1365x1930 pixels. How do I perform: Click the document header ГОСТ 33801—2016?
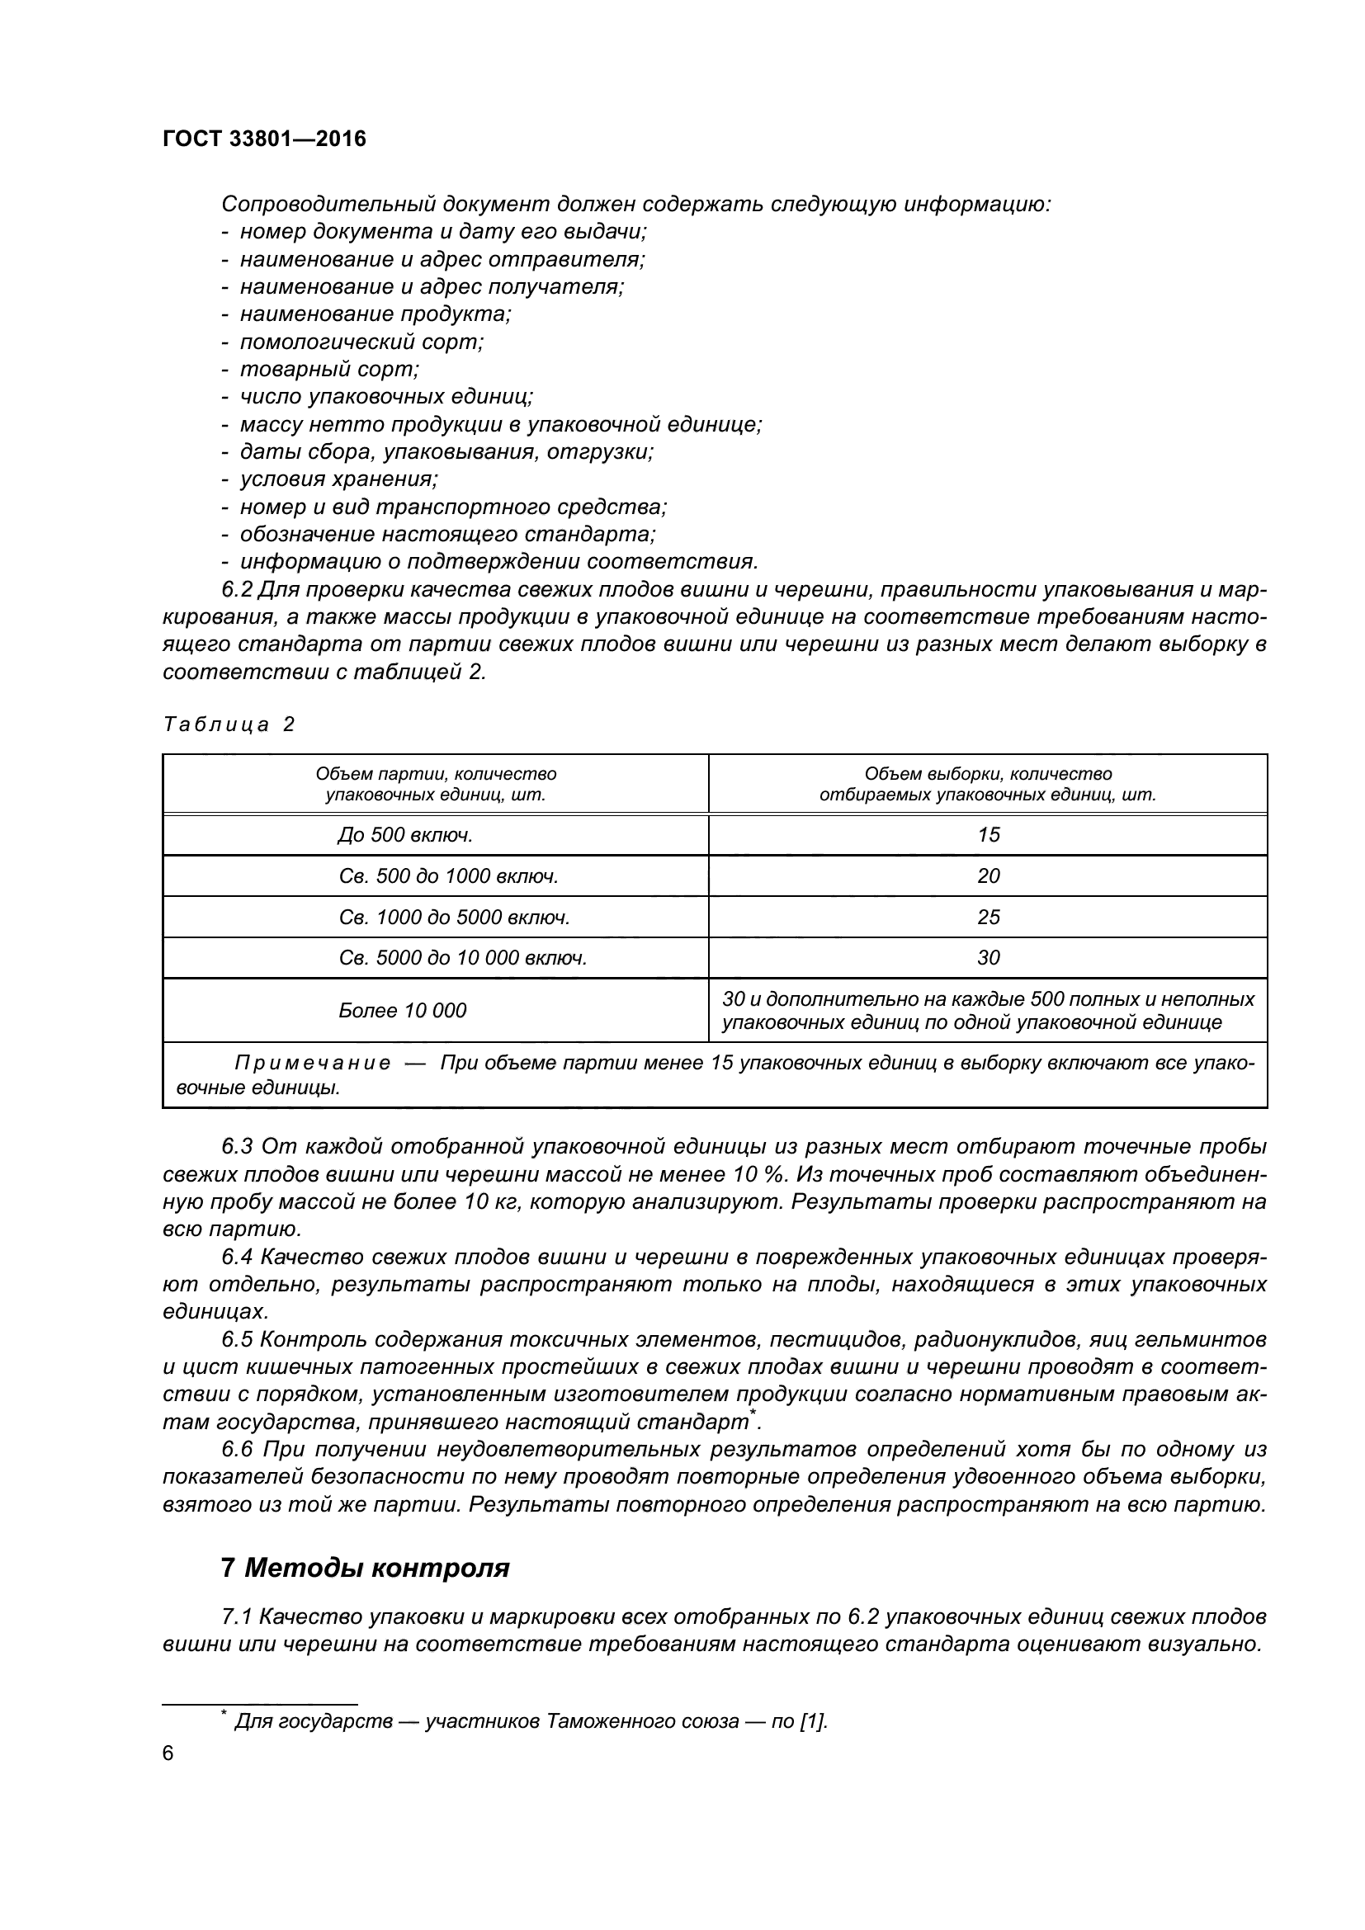pos(264,139)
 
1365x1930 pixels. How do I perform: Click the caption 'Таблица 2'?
pos(229,724)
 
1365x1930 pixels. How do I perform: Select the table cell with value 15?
pos(988,835)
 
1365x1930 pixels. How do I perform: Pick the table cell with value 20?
pos(988,876)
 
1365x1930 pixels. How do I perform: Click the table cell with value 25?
pos(988,917)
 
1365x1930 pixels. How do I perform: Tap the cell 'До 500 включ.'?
pos(404,835)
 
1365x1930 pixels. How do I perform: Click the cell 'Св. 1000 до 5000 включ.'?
pos(454,917)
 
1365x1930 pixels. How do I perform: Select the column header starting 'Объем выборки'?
pos(988,783)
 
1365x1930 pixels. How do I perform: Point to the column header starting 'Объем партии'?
pos(436,783)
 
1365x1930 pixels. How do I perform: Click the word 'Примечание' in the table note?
pos(312,1064)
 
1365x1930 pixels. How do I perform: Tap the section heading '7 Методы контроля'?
pos(365,1568)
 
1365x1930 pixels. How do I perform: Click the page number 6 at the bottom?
pos(168,1753)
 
